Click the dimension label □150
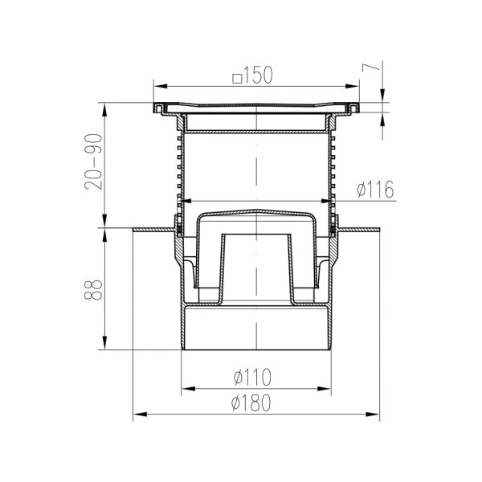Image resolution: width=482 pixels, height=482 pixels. (x=253, y=76)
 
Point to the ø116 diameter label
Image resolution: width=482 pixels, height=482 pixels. (x=374, y=190)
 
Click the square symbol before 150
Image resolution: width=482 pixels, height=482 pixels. (x=236, y=77)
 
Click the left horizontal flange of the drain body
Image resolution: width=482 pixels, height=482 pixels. (x=153, y=231)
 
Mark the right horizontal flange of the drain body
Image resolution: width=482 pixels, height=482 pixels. (x=358, y=231)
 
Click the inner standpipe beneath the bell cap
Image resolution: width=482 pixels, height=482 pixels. (x=255, y=265)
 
